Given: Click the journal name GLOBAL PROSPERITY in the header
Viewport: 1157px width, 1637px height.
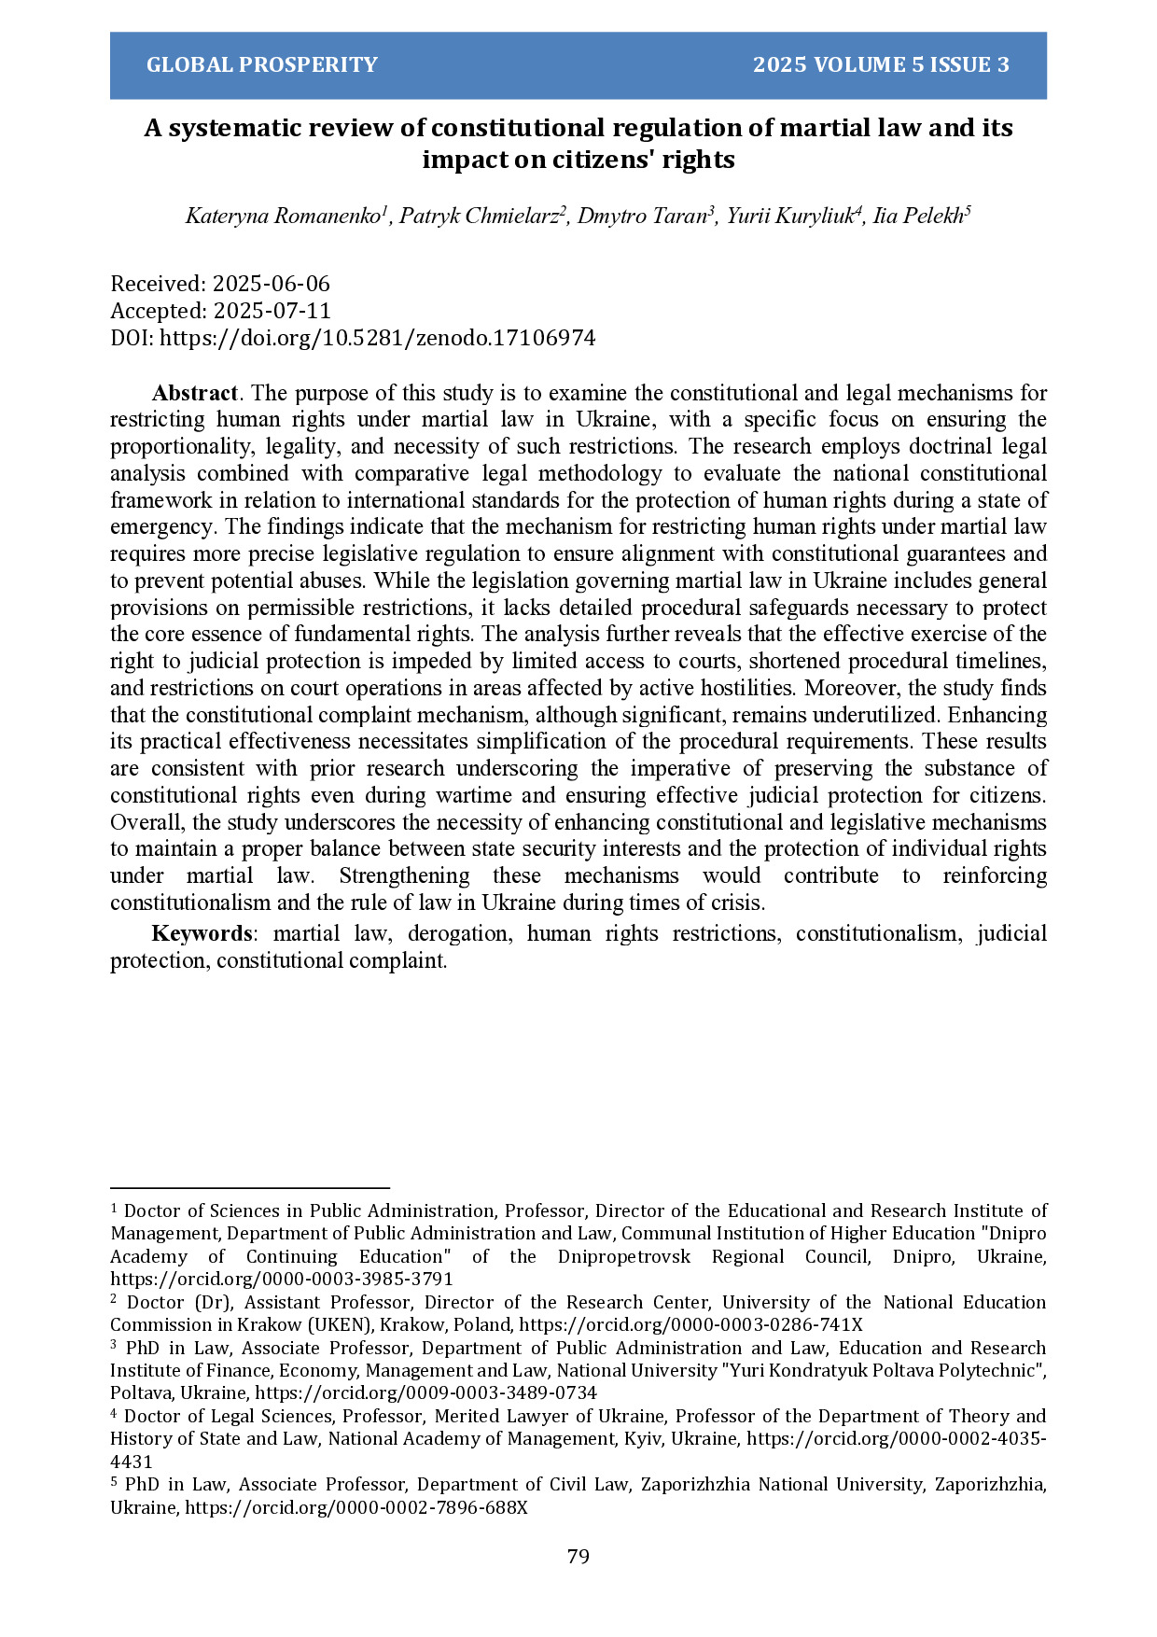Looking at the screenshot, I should click(x=262, y=64).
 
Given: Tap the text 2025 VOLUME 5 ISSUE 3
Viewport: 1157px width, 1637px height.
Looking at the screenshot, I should click(x=881, y=64).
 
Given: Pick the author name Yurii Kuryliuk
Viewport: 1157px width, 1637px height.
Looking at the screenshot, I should click(x=789, y=217).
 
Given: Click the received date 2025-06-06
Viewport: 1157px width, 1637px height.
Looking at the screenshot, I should click(x=271, y=284).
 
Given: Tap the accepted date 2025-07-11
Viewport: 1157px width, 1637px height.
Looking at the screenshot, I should click(x=272, y=311).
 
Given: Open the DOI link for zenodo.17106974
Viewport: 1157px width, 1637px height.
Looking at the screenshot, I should click(x=377, y=338).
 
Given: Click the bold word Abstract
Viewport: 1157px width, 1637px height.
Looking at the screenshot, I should click(x=194, y=393).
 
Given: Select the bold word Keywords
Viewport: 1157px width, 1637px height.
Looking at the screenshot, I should click(x=201, y=933).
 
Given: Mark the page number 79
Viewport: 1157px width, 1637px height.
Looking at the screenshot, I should click(x=578, y=1556).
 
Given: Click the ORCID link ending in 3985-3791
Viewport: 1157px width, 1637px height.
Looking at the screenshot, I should click(x=282, y=1279).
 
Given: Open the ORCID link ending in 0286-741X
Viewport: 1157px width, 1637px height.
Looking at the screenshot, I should click(x=690, y=1324).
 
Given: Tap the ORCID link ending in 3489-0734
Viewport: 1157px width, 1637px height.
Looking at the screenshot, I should click(x=425, y=1392).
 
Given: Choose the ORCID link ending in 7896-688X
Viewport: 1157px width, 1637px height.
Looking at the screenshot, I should click(x=356, y=1507).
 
